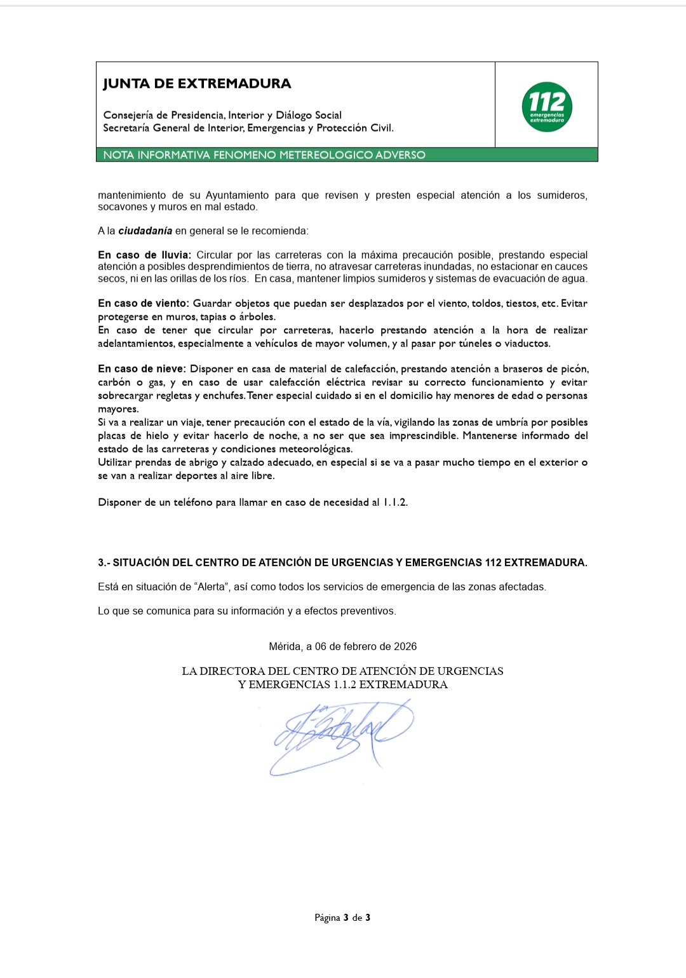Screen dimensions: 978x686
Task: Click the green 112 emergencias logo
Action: [x=547, y=107]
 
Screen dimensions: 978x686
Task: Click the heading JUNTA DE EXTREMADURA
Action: [x=197, y=84]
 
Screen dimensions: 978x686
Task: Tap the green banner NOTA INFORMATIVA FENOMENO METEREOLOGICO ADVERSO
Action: [x=264, y=155]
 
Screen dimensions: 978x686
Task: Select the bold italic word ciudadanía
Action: [x=145, y=231]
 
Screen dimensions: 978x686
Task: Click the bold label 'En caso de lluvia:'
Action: [x=144, y=255]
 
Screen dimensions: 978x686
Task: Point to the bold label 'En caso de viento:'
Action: [x=144, y=303]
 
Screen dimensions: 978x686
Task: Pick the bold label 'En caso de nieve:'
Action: [x=142, y=369]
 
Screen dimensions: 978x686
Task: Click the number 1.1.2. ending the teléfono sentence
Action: [x=395, y=502]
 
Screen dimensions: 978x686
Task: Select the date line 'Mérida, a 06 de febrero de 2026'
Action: [x=343, y=646]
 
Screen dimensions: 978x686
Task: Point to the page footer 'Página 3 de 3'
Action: [x=342, y=917]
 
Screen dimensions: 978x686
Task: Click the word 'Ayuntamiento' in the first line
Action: [x=237, y=195]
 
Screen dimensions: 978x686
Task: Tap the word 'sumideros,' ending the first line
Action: [x=562, y=195]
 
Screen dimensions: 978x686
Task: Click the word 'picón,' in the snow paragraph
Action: [x=574, y=369]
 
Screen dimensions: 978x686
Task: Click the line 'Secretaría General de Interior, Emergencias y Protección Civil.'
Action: [x=248, y=128]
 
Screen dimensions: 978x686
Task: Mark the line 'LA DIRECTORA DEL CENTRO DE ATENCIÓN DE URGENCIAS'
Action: [x=342, y=671]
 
